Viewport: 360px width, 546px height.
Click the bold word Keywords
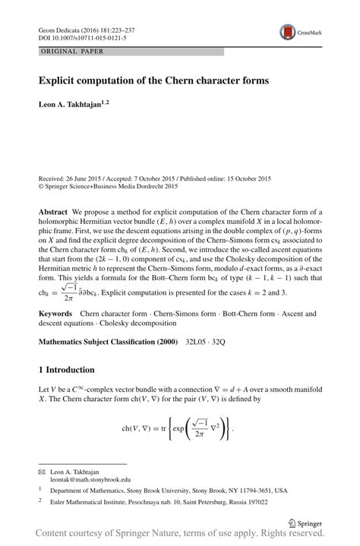[x=55, y=313]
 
